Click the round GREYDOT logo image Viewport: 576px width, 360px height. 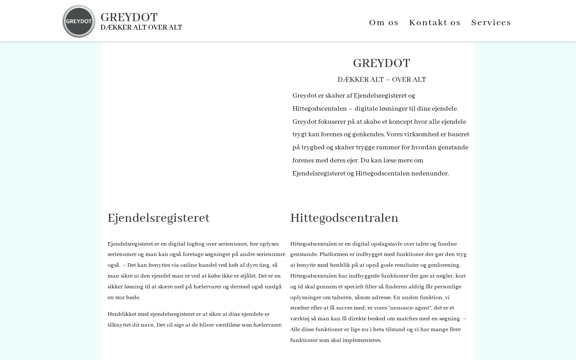(x=79, y=22)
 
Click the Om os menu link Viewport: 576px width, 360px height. (x=384, y=22)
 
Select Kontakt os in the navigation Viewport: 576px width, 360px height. (x=435, y=22)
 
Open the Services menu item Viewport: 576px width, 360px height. (x=491, y=22)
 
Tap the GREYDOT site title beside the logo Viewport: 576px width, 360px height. (x=129, y=18)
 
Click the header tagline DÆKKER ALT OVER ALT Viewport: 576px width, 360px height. (x=141, y=28)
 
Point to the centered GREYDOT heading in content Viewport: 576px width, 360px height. (x=381, y=63)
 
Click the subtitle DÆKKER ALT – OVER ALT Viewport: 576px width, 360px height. (x=382, y=80)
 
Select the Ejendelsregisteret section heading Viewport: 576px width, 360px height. (x=158, y=218)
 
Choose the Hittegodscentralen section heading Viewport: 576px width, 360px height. (x=344, y=218)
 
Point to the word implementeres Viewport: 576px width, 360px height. (x=362, y=341)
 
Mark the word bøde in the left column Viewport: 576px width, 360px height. (x=133, y=298)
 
